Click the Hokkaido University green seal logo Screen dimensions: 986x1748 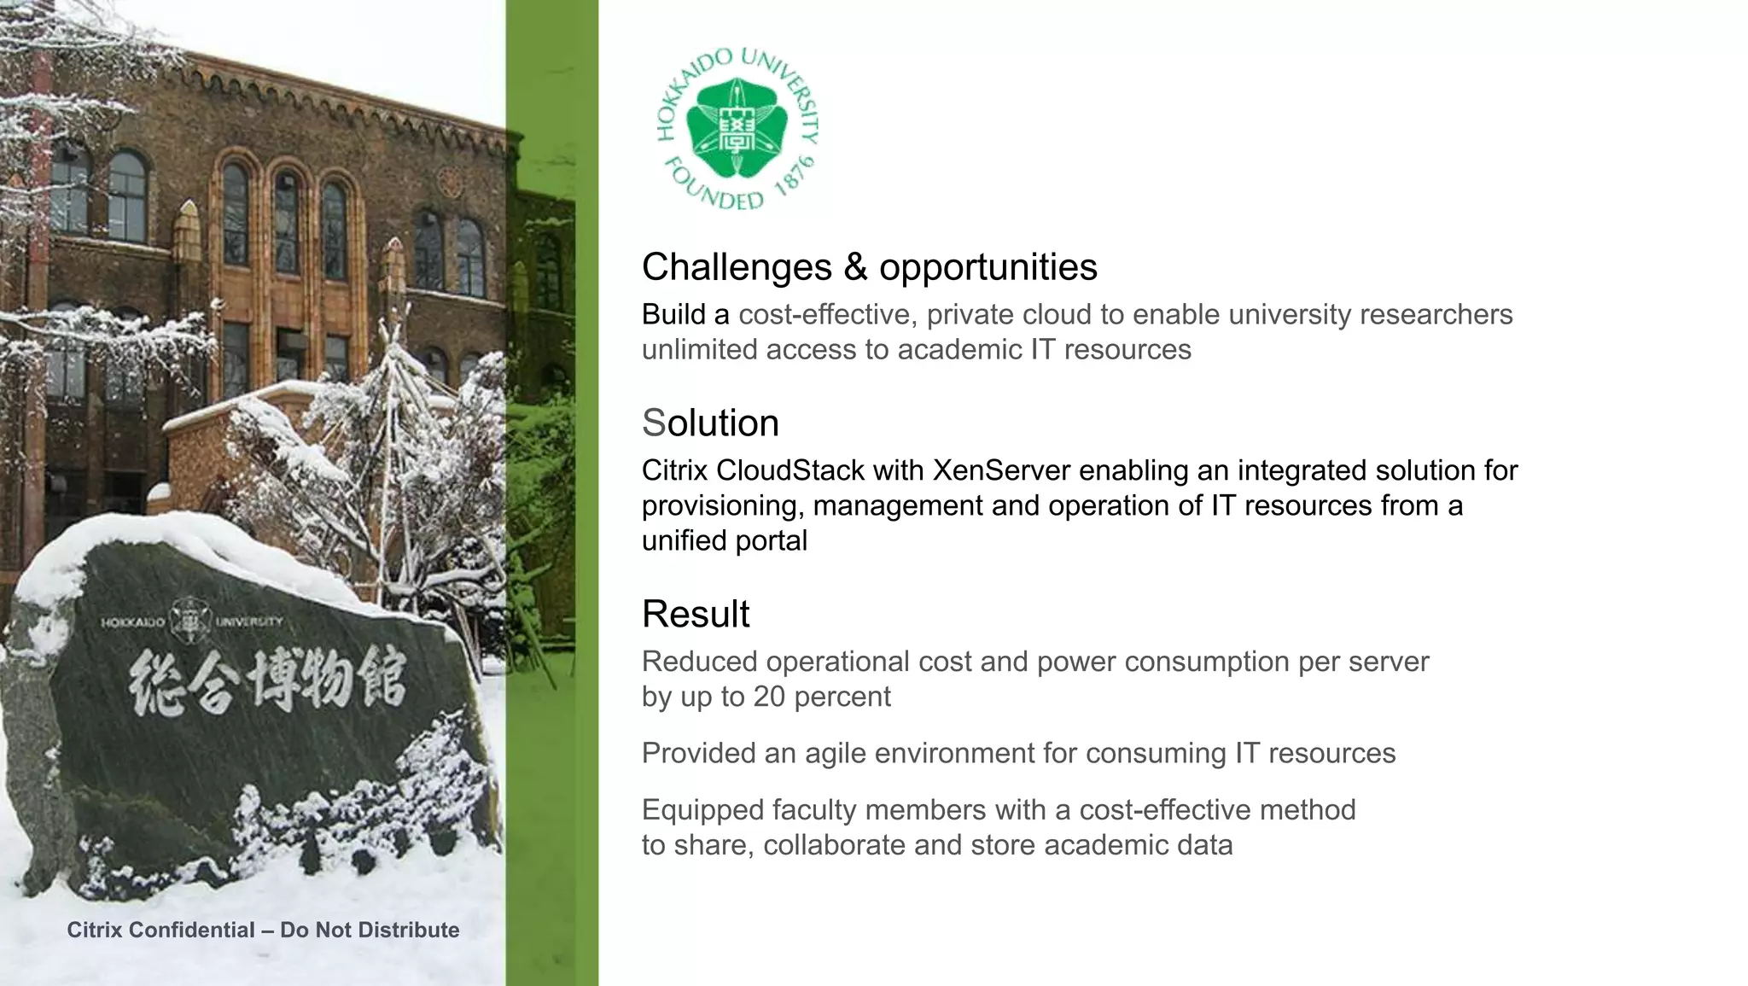[738, 128]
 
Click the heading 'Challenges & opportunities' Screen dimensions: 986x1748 [869, 267]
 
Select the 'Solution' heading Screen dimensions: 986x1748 [710, 423]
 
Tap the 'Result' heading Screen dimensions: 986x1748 [696, 615]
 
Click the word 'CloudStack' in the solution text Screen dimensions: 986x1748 [790, 470]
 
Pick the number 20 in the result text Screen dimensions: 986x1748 [769, 697]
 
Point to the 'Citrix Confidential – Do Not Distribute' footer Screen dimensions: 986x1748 [263, 930]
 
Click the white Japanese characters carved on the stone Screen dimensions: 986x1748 [267, 681]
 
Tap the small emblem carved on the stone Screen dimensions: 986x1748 [189, 619]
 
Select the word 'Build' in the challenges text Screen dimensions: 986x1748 [673, 315]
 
